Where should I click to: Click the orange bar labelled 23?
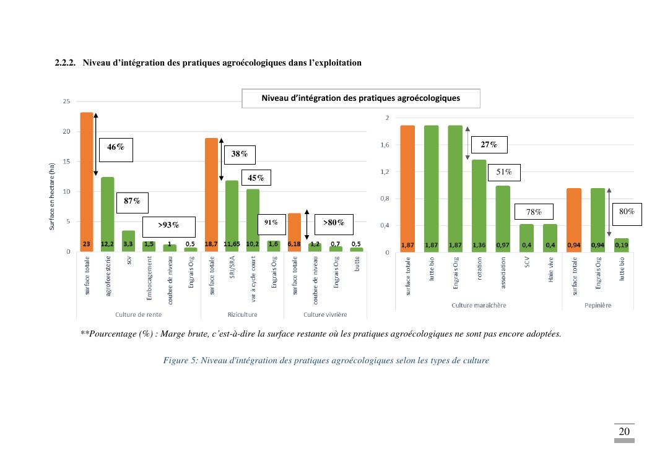click(87, 182)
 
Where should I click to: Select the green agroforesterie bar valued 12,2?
click(107, 214)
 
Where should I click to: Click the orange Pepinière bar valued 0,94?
click(574, 220)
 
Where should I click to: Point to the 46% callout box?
click(116, 149)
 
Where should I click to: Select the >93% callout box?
click(168, 226)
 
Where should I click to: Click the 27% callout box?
click(489, 145)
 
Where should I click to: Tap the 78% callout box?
click(534, 212)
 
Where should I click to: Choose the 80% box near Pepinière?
click(627, 212)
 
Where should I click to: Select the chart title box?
click(360, 98)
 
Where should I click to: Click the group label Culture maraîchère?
click(479, 305)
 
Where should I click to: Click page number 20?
click(624, 431)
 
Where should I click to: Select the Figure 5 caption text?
click(326, 361)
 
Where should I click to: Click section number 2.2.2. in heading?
click(65, 63)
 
